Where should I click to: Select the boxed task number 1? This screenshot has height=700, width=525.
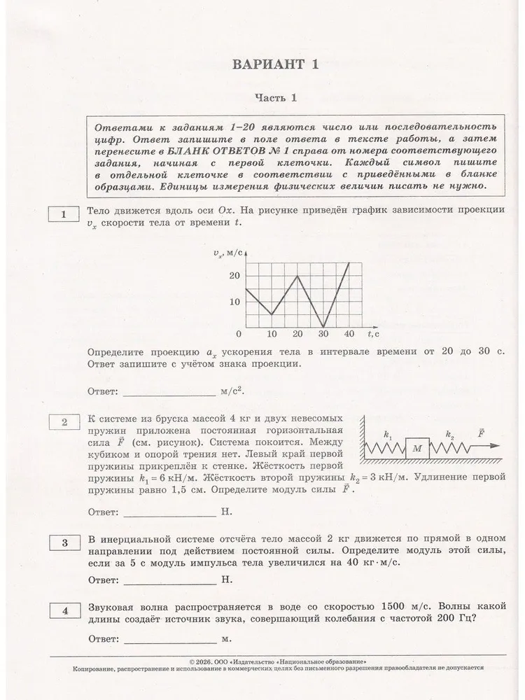64,215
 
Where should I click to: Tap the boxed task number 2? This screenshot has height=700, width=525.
64,421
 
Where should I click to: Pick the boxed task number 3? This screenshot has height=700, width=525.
64,542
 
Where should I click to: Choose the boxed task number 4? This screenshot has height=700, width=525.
64,612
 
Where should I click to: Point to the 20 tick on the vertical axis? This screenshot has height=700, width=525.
234,276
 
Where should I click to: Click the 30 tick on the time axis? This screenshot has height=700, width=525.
323,333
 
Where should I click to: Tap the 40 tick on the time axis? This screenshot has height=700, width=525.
349,333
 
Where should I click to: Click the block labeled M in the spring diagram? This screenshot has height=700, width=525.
417,448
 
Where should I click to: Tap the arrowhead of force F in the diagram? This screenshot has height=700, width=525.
496,445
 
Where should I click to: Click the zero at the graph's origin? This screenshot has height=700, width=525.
239,333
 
